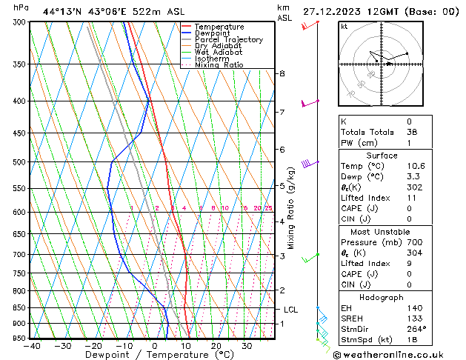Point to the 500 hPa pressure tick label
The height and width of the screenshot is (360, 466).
[19, 162]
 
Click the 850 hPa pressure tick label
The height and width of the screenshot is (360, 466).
[19, 308]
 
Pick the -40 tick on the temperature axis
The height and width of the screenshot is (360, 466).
[32, 346]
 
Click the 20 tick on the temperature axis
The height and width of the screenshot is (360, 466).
[216, 346]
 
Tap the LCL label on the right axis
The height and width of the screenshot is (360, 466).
[290, 309]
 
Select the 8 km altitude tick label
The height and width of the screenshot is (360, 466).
[282, 74]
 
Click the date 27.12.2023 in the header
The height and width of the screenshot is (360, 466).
[331, 11]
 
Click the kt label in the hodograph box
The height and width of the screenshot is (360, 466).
[344, 27]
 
